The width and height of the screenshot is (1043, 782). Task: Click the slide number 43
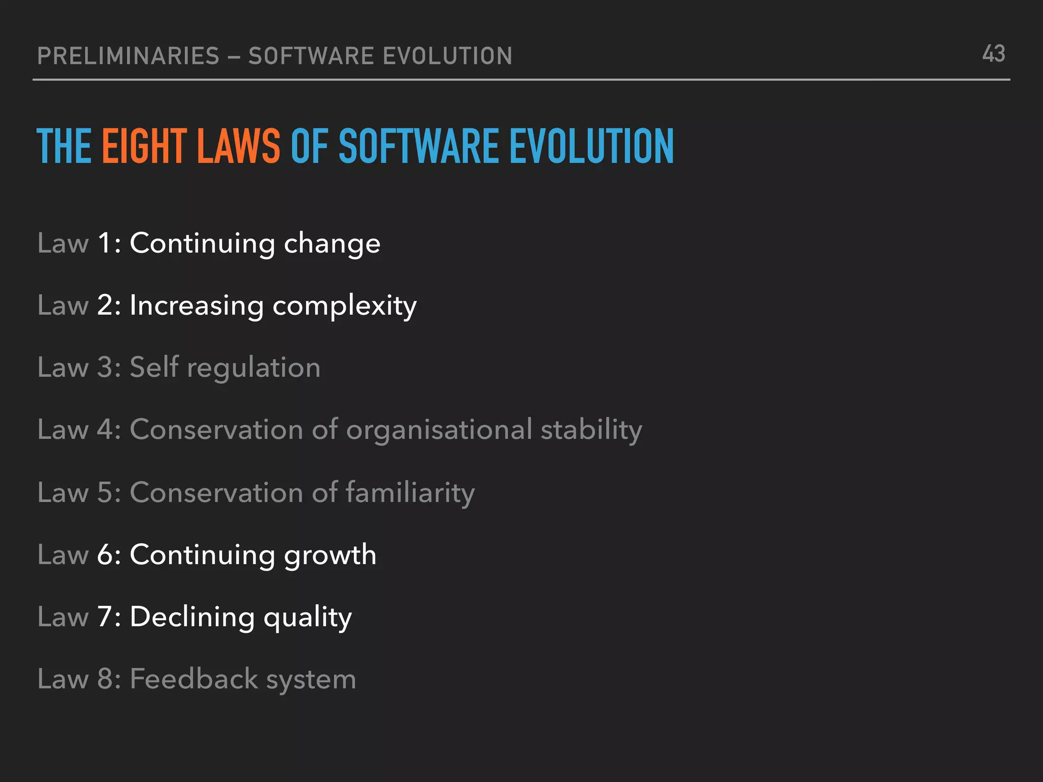pyautogui.click(x=994, y=54)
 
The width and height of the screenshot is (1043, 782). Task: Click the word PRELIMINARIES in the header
pyautogui.click(x=128, y=56)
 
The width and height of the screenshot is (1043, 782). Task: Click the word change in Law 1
pyautogui.click(x=332, y=243)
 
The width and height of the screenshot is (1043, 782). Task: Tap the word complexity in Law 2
pyautogui.click(x=345, y=306)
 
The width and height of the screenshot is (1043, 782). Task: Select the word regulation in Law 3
pyautogui.click(x=254, y=368)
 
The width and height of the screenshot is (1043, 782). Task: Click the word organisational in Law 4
pyautogui.click(x=440, y=430)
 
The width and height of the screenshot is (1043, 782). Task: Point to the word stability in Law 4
pyautogui.click(x=591, y=430)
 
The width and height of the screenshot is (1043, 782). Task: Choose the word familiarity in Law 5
pyautogui.click(x=410, y=493)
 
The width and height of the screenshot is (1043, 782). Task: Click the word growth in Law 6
pyautogui.click(x=330, y=555)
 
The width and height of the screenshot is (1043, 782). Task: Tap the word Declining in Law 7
pyautogui.click(x=193, y=617)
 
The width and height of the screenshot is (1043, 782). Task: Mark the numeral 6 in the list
pyautogui.click(x=105, y=554)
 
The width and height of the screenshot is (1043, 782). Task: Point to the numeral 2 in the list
pyautogui.click(x=105, y=305)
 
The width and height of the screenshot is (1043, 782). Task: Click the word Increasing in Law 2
pyautogui.click(x=197, y=306)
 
